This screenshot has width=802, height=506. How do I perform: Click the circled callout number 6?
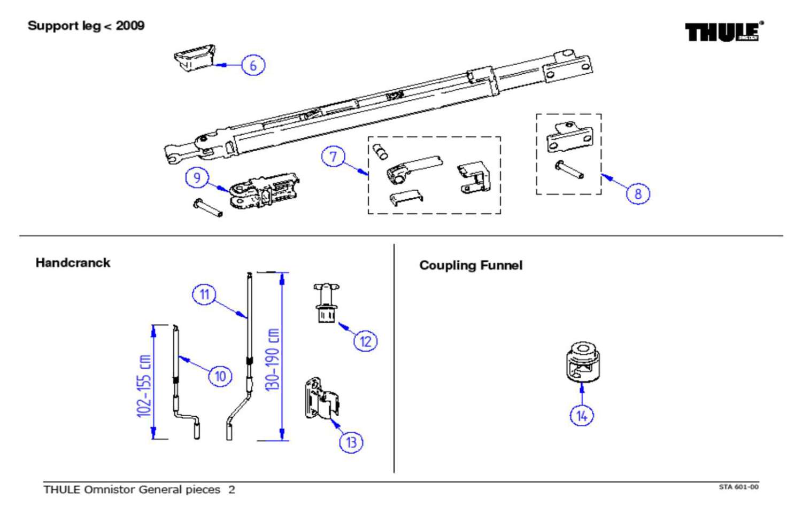click(253, 65)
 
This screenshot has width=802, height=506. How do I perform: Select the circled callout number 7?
click(333, 157)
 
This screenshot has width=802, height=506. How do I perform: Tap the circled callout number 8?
click(637, 193)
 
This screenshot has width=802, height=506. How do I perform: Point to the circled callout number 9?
click(197, 177)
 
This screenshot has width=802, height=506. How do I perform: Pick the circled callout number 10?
click(220, 376)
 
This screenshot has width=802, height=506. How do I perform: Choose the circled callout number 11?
click(204, 294)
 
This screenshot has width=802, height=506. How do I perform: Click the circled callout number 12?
click(365, 341)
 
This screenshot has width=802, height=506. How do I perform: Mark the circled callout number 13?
click(351, 442)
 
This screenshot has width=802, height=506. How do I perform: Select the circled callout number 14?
click(582, 415)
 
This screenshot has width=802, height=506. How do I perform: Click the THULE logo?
click(724, 32)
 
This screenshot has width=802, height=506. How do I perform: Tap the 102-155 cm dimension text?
click(144, 385)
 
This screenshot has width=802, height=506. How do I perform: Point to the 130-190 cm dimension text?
click(272, 359)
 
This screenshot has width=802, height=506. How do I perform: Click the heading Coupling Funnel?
click(471, 266)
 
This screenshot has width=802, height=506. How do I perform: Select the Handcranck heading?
click(73, 263)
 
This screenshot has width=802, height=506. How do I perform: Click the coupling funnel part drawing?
click(582, 362)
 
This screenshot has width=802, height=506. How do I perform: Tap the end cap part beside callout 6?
click(194, 57)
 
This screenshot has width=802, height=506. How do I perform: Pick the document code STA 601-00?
click(738, 487)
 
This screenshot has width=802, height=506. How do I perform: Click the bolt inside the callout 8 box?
click(569, 170)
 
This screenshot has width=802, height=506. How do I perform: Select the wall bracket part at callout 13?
click(321, 398)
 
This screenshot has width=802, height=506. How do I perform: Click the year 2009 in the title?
click(130, 26)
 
